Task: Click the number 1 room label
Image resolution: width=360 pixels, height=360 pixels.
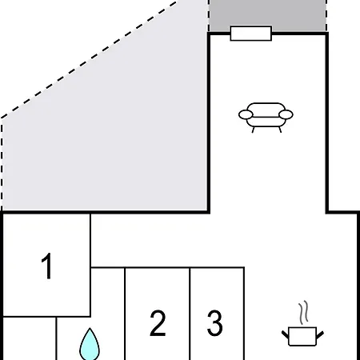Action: [x=47, y=266]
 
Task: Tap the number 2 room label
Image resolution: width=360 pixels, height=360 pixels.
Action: [x=158, y=322]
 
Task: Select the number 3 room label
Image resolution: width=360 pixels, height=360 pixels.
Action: [x=215, y=322]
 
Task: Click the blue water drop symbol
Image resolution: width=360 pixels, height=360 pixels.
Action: [x=90, y=345]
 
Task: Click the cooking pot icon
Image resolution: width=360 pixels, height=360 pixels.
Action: [x=302, y=337]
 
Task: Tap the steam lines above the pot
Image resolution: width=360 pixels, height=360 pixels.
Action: [x=303, y=312]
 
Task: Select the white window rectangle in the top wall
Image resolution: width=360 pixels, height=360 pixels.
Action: [x=251, y=34]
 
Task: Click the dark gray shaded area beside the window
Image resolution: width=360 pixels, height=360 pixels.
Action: [x=267, y=14]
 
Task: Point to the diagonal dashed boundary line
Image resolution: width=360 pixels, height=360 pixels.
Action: [x=90, y=59]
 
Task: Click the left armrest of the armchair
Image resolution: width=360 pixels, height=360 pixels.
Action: [x=246, y=114]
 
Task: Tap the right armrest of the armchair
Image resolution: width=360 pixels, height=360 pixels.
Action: [x=286, y=114]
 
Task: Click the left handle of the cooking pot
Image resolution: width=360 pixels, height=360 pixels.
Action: [x=285, y=334]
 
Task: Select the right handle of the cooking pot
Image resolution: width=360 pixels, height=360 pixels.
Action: [x=320, y=334]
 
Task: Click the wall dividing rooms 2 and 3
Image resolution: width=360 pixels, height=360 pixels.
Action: [x=190, y=314]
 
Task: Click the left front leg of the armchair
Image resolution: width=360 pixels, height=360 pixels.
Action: [x=253, y=130]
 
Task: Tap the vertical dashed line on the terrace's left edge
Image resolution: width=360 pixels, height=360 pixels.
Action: [x=2, y=164]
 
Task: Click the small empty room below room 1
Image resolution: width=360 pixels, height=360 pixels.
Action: [x=30, y=338]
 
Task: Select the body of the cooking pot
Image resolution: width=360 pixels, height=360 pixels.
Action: [x=302, y=337]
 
